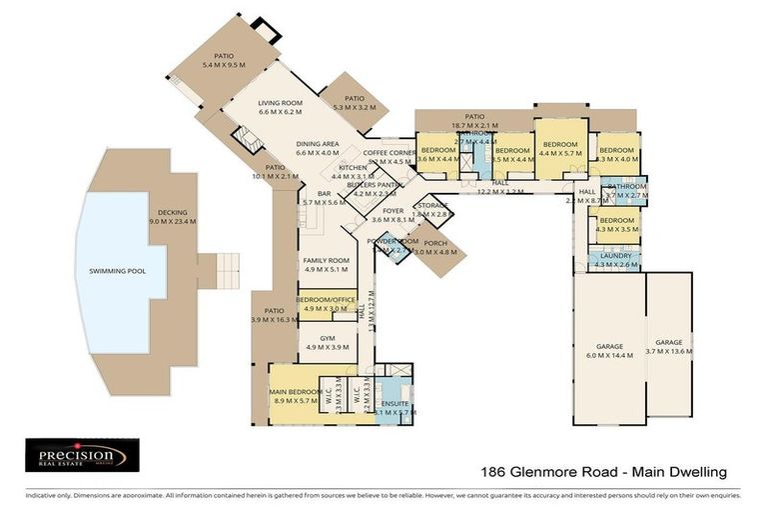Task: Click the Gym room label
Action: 327,338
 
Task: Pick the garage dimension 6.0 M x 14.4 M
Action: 609,355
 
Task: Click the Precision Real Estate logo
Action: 76,455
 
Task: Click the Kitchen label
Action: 353,167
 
